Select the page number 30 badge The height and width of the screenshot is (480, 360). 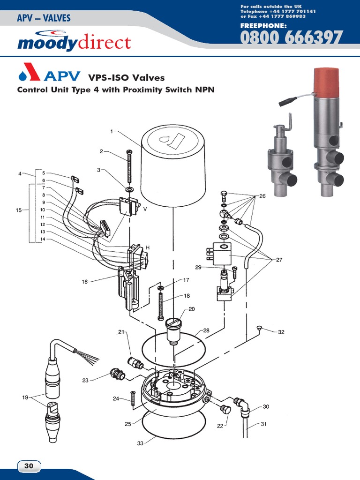click(29, 466)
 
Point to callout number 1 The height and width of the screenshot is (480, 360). click(112, 132)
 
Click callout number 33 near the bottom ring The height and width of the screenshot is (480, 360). click(140, 443)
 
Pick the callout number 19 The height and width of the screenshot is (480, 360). click(25, 397)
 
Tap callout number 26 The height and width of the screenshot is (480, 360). click(262, 196)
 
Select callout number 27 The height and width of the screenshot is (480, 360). click(280, 259)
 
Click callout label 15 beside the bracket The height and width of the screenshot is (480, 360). click(19, 210)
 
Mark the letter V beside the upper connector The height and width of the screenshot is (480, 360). click(145, 209)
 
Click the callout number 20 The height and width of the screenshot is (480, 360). click(192, 309)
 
